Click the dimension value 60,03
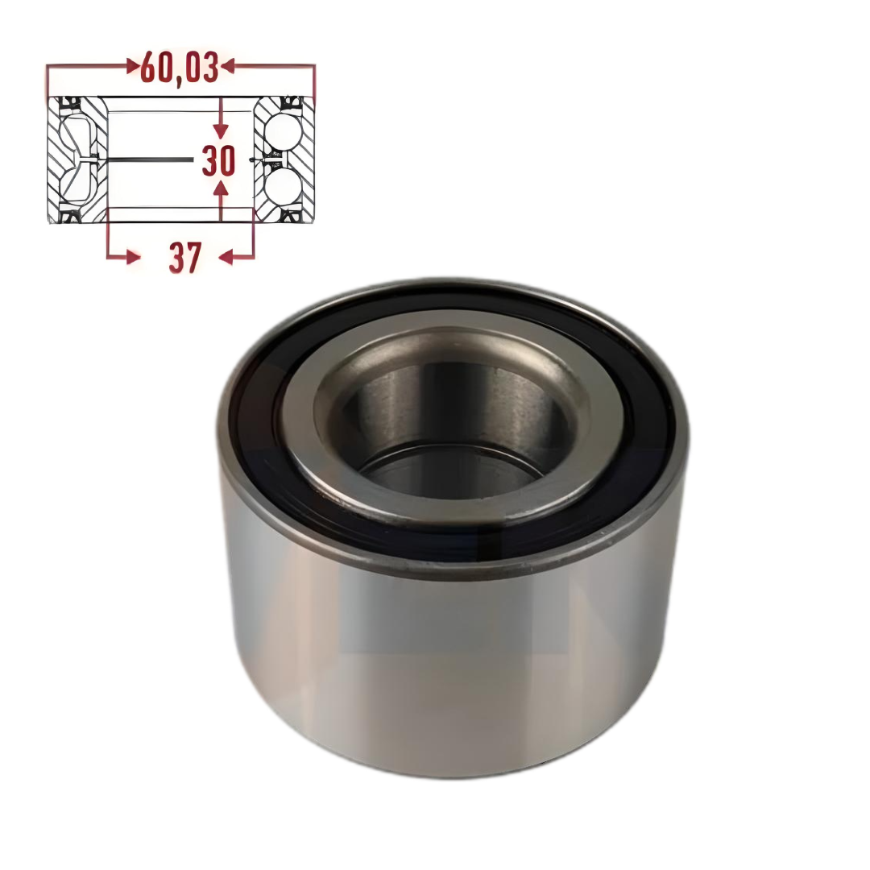[179, 68]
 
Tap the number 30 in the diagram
[218, 161]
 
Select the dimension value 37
[184, 258]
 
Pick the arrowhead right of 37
[228, 257]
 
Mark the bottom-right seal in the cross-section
[288, 216]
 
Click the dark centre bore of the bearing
[451, 419]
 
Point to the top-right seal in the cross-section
[288, 104]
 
